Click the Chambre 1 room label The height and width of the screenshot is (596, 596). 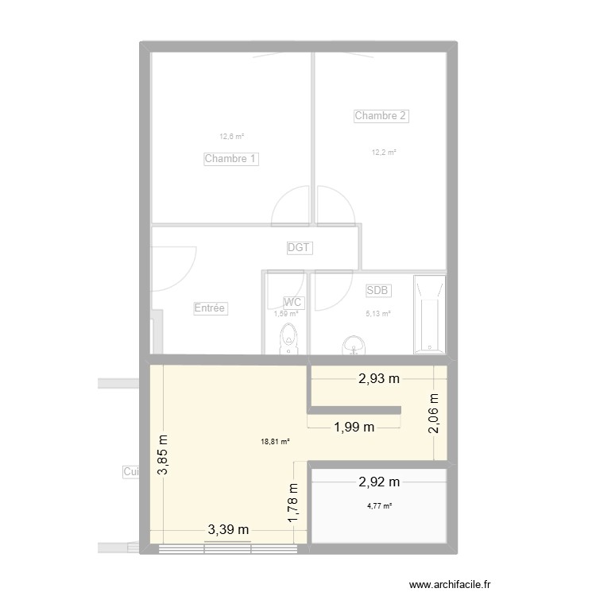click(231, 159)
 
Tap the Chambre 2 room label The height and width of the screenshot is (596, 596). click(381, 116)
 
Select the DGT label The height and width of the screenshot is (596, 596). click(300, 248)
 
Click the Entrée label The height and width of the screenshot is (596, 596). click(211, 308)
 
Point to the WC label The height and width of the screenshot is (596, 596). click(293, 302)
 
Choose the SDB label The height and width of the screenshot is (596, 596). click(377, 291)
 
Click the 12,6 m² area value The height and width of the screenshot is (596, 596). click(232, 137)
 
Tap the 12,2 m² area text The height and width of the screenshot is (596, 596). click(383, 153)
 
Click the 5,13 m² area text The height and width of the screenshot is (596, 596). click(378, 314)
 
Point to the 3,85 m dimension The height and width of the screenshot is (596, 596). click(163, 455)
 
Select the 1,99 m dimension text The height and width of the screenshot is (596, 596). click(354, 428)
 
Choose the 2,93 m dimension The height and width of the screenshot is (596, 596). click(378, 378)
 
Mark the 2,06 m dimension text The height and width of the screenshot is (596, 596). click(435, 414)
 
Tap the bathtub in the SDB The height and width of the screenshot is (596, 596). click(429, 315)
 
